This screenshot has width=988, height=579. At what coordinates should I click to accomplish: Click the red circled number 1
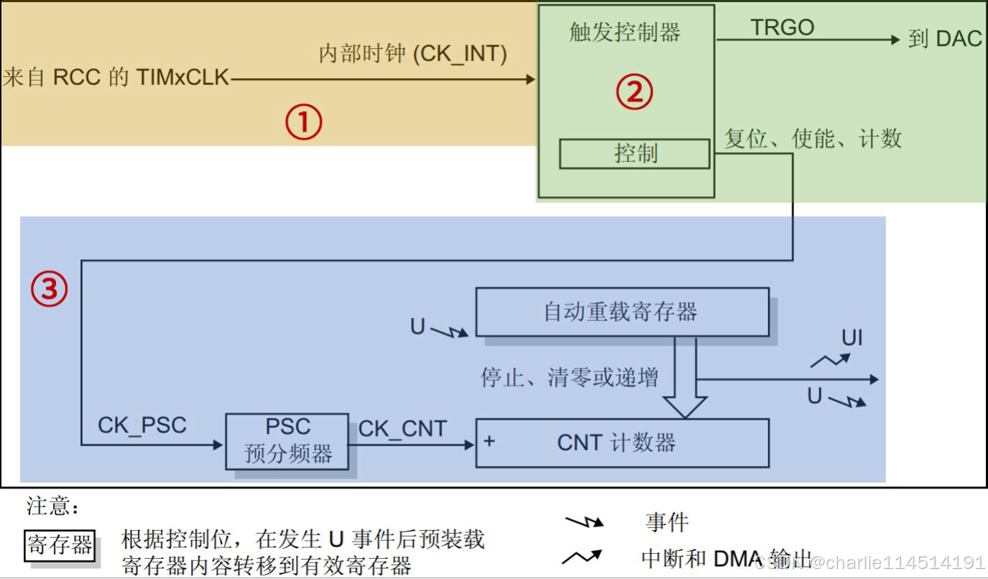tap(303, 122)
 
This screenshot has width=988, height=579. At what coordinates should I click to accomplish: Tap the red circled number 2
tap(634, 92)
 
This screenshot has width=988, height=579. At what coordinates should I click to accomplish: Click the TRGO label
tap(782, 28)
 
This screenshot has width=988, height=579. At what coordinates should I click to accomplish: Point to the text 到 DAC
tap(944, 39)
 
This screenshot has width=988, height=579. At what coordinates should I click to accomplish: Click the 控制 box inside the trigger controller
tap(634, 154)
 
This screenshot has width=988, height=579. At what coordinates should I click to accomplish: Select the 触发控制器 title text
tap(624, 32)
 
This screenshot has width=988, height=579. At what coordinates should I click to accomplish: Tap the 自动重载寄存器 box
tap(622, 312)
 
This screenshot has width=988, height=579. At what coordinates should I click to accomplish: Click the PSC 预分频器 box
tap(287, 441)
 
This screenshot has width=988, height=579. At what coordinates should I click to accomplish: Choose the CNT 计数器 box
tap(622, 443)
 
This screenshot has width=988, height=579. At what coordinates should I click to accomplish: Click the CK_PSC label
tap(142, 425)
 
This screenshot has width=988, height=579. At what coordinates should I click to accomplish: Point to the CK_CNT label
tap(402, 429)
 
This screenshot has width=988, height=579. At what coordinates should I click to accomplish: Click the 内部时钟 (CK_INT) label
tap(412, 54)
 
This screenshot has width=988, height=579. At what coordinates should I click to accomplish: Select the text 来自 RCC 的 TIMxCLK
tap(116, 78)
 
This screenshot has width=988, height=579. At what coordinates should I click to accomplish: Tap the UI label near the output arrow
tap(852, 338)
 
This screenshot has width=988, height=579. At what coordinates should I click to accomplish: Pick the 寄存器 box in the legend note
tap(60, 545)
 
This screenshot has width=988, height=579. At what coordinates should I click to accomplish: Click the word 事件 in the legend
tap(667, 522)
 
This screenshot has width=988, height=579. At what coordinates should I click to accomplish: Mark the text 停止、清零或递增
tap(569, 377)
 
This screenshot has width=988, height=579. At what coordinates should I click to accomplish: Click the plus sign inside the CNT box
tap(489, 440)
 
